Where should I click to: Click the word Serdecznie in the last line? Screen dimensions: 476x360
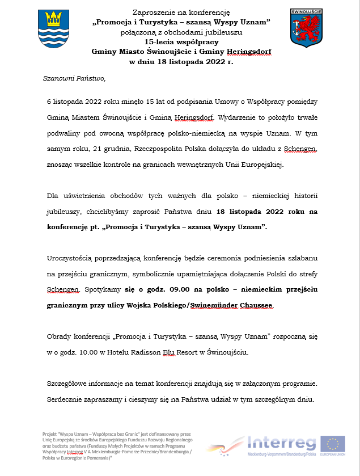coord(66,399)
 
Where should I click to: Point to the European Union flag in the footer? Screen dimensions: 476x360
coord(333,443)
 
